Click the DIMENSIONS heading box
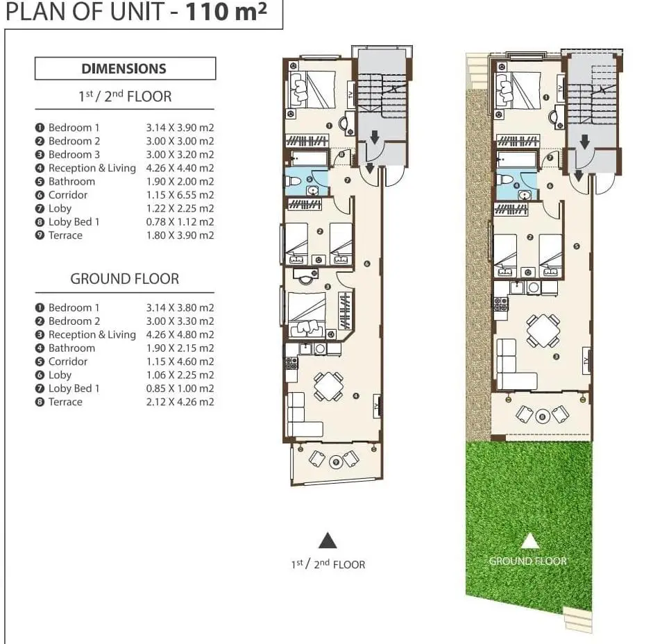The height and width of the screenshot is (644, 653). click(126, 68)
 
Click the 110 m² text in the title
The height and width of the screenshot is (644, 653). click(226, 11)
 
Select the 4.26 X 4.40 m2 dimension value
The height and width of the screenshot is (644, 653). click(180, 168)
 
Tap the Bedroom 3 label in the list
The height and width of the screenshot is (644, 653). click(74, 155)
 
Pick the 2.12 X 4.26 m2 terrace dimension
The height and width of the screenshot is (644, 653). click(180, 402)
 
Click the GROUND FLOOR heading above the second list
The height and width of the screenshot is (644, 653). click(124, 279)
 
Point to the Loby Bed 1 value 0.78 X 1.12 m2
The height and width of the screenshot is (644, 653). click(180, 222)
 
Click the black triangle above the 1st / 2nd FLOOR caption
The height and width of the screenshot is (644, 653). click(328, 541)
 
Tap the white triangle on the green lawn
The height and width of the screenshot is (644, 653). click(529, 541)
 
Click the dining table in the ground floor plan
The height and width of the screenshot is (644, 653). click(543, 331)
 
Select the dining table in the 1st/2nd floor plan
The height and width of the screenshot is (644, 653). click(329, 387)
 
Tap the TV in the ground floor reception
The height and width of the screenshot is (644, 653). click(587, 361)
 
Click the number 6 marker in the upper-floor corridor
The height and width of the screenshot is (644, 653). click(367, 264)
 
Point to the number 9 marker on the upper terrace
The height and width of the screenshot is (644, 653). click(336, 461)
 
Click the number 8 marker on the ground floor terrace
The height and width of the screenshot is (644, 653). click(542, 416)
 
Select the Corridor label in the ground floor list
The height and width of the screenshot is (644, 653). click(68, 362)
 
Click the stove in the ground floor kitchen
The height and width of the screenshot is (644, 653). click(500, 305)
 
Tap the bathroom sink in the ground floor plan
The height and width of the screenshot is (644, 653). click(525, 195)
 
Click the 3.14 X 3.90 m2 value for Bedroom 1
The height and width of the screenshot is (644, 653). click(180, 128)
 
